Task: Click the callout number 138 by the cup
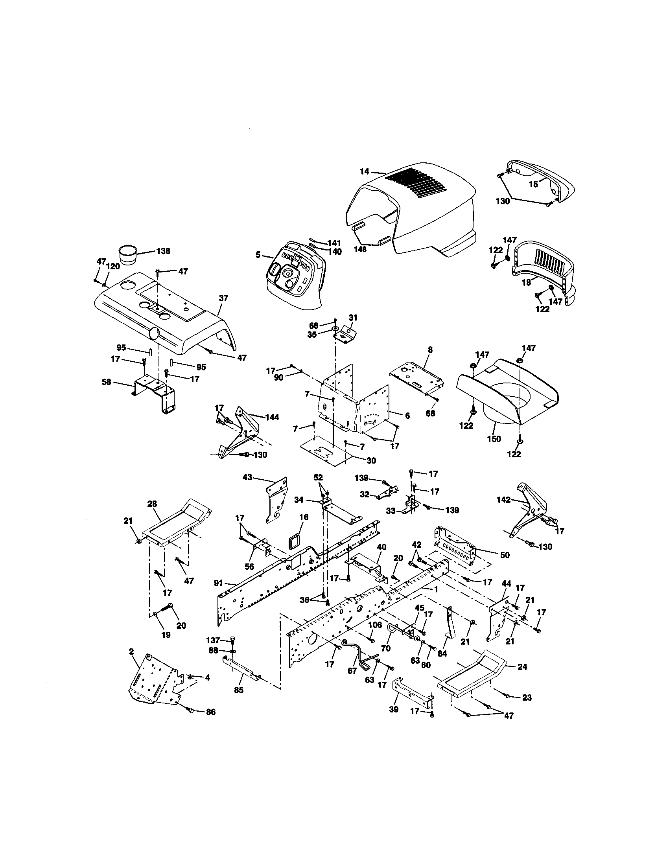coord(163,251)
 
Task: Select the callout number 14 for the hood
coord(365,171)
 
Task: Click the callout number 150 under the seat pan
coord(494,438)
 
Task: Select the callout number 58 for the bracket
coord(106,382)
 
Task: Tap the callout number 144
coord(272,417)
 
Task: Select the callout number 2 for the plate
coord(131,651)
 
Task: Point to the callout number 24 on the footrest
coord(522,666)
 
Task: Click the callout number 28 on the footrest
coord(152,504)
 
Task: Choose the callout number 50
coord(505,555)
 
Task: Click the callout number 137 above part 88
coord(213,640)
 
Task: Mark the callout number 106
coord(375,625)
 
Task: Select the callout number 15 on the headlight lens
coord(534,184)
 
